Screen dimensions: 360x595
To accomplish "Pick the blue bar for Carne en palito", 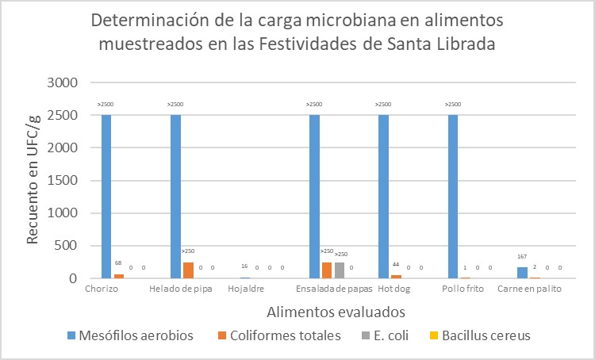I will click(522, 273).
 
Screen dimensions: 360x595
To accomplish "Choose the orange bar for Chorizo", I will click(119, 276).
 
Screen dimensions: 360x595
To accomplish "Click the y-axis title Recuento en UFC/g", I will click(33, 181).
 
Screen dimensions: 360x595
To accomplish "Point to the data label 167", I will click(522, 256).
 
